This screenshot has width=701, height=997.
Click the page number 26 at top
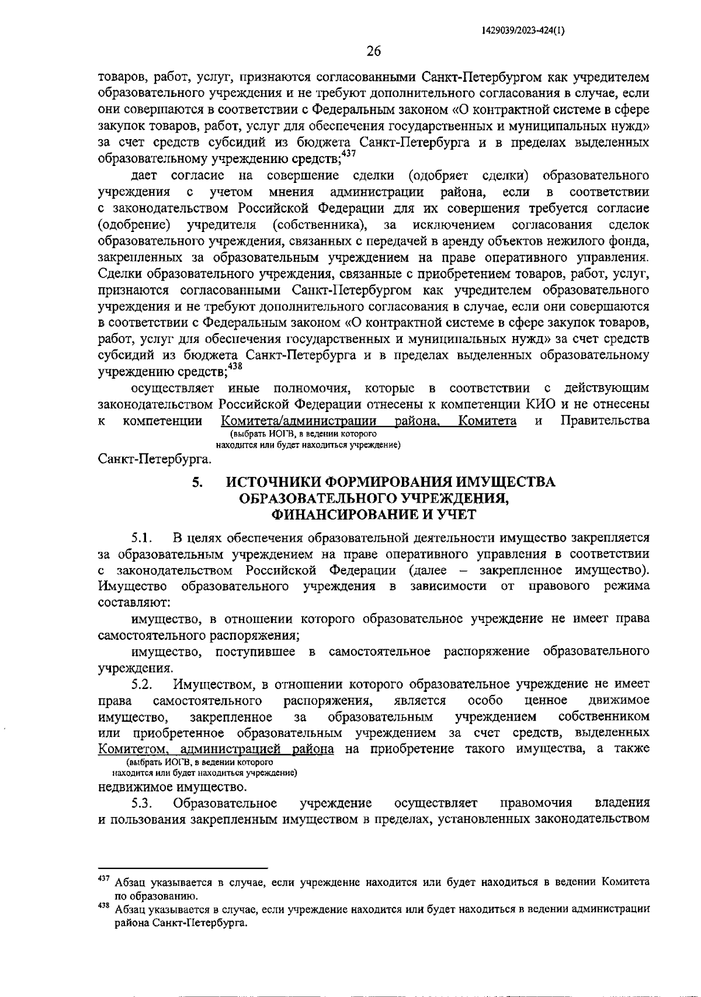pos(373,51)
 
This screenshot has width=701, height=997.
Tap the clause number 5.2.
pos(142,684)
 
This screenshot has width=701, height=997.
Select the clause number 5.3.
pos(142,803)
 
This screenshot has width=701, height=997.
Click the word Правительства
pos(605,421)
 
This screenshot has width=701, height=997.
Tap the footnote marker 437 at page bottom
pos(105,878)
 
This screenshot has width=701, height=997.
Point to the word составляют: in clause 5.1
pos(134,602)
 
